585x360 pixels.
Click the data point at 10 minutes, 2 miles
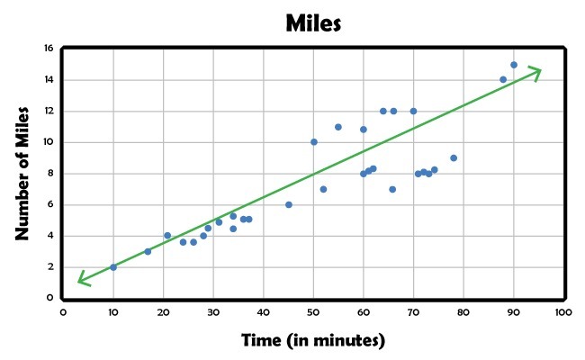113,267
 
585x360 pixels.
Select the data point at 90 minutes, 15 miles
514,65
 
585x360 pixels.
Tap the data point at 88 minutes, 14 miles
503,80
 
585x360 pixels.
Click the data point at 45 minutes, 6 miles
289,204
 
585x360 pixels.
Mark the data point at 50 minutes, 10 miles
314,142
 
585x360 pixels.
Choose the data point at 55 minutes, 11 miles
338,127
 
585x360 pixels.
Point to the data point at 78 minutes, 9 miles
454,158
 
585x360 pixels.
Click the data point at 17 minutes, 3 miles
148,251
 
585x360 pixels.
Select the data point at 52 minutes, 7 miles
323,189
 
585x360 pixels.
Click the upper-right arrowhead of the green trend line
537,70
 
